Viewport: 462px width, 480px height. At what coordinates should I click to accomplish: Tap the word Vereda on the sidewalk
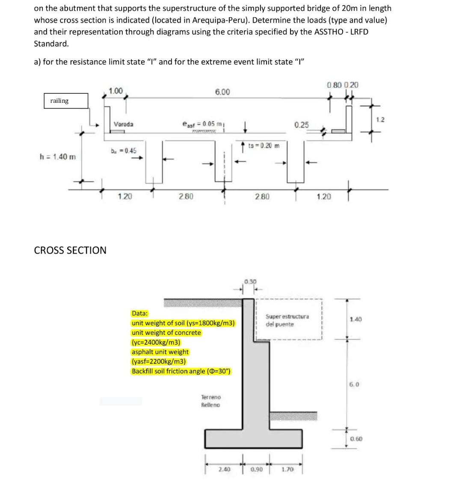pos(123,124)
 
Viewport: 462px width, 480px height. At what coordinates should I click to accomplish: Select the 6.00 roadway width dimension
pos(222,92)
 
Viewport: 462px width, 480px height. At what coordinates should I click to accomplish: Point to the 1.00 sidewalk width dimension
pos(115,91)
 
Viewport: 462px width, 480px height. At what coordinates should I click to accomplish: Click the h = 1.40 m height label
pos(57,157)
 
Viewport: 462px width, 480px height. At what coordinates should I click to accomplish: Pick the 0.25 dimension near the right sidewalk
pos(301,124)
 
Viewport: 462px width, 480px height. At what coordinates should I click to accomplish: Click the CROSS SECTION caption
pos(70,250)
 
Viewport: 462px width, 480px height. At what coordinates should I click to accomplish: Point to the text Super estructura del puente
pos(287,320)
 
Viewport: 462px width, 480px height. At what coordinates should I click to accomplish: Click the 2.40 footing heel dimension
pos(224,469)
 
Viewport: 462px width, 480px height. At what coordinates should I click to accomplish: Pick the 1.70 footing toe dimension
pos(287,469)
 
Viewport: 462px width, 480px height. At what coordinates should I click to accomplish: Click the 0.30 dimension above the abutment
pos(250,281)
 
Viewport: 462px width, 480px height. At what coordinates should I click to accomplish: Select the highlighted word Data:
pos(140,313)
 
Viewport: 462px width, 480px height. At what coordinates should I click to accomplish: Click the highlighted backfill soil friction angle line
pos(181,371)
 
